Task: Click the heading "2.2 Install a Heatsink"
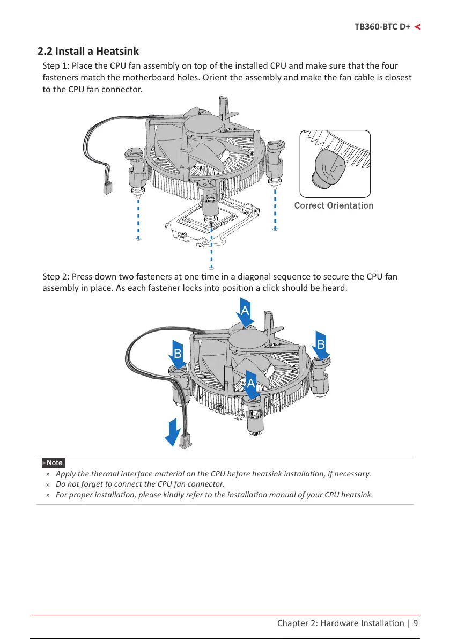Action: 88,52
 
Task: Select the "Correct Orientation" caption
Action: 334,205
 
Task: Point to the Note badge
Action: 54,462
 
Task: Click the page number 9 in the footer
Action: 415,623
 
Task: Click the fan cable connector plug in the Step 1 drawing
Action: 107,188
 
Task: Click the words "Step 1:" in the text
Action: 56,66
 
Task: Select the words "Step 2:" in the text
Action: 56,277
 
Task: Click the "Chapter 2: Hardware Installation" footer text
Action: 341,623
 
